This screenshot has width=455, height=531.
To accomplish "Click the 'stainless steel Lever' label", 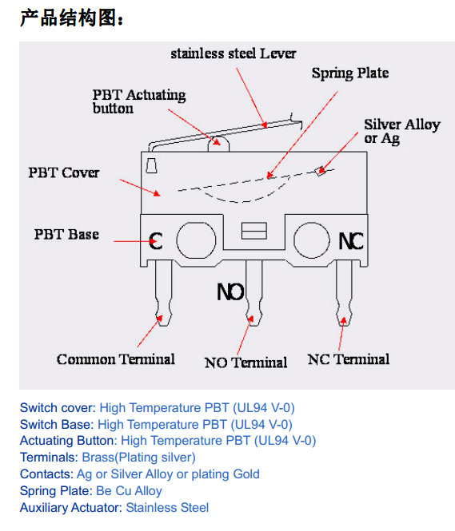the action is pos(233,53).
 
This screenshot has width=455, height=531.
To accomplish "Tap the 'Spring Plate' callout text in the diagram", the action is pos(350,73).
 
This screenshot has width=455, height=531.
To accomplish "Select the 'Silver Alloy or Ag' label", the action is pos(401,132).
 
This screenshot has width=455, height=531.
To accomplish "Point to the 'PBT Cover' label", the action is pos(64,172).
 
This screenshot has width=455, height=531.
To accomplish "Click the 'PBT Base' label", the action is pos(66,234).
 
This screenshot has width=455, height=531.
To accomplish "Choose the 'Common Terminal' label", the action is pos(116,359).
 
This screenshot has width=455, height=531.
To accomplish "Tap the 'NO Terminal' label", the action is pos(245,363).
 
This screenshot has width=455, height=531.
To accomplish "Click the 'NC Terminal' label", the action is pos(349,359).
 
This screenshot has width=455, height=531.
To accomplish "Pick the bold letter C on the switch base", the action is pos(156,241).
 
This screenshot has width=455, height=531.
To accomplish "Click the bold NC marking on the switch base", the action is pos(351,241).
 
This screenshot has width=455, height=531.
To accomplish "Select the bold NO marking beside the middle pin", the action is pos(230,292).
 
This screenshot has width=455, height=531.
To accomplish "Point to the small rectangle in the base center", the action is pos(254,231).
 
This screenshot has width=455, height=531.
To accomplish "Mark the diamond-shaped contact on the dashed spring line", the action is pos(320,172).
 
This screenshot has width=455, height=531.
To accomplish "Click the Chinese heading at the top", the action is pos(72,18).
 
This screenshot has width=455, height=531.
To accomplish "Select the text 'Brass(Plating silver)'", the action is pos(138,458).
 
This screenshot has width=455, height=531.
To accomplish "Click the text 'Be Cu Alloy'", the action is pos(129,491).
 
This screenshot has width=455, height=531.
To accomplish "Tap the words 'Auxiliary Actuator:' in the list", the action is pos(70,508).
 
